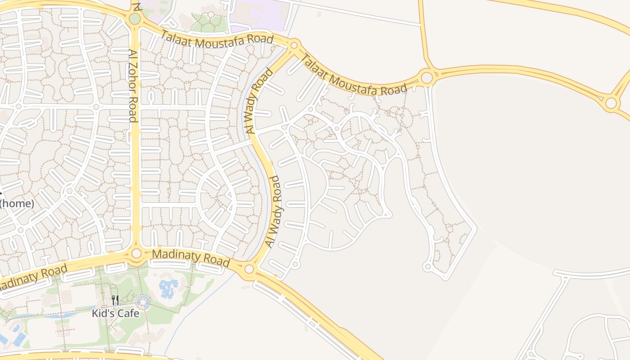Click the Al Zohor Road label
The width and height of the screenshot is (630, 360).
132,85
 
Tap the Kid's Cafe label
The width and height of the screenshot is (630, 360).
116,313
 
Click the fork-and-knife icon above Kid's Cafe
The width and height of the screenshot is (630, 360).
115,300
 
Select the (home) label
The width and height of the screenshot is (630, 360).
17,203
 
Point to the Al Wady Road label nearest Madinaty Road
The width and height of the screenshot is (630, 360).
274,211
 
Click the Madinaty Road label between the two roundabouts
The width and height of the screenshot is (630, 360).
191,258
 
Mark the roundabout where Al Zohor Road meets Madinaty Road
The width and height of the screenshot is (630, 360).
136,254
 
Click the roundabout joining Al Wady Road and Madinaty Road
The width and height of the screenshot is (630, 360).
249,269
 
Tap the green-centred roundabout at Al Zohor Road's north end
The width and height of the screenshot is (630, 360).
135,19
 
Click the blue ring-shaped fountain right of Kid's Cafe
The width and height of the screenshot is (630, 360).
143,302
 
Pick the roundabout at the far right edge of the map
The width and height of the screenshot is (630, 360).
611,103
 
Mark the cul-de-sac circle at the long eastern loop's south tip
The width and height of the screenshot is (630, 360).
428,267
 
